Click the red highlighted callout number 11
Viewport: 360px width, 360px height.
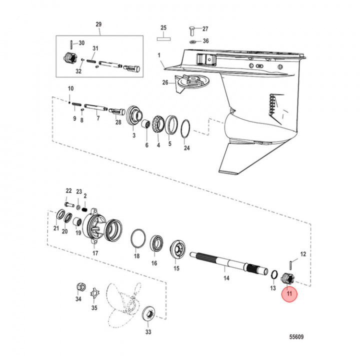288,294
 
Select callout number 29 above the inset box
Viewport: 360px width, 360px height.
98,24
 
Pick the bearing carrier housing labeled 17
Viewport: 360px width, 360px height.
100,227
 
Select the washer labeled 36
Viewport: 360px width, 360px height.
193,41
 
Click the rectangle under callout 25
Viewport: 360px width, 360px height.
163,37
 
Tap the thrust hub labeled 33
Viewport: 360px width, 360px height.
148,315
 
